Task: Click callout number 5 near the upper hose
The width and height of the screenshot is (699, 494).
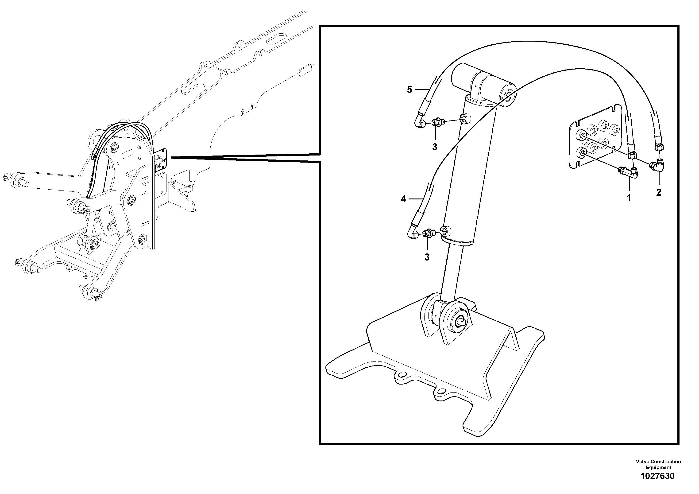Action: [409, 89]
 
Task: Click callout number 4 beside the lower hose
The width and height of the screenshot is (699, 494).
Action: [403, 199]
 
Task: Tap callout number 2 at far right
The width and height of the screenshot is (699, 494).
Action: [659, 192]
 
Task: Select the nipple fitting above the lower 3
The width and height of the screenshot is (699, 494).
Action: [429, 233]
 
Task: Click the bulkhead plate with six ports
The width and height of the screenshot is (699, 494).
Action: [594, 137]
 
